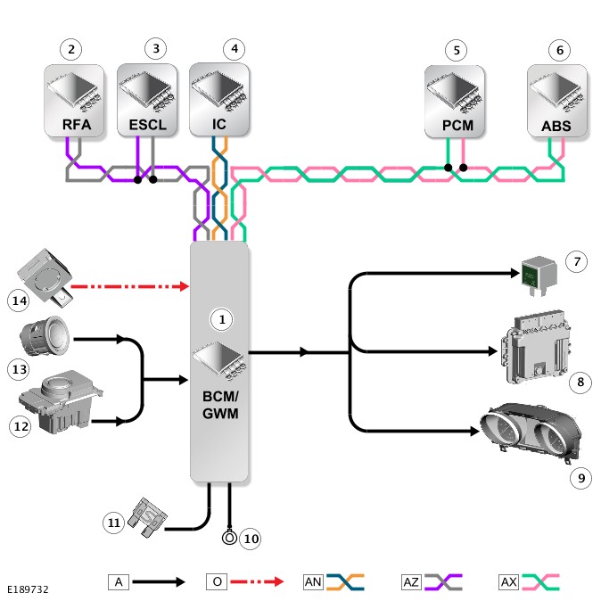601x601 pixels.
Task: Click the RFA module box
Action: [x=74, y=101]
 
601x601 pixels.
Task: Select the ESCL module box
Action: [x=147, y=100]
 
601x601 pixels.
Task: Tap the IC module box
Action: [x=219, y=99]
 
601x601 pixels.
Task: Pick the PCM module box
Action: [x=455, y=102]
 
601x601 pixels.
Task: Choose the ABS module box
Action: [x=557, y=101]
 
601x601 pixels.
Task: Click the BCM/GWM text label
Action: [x=220, y=405]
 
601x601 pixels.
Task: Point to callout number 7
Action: [x=576, y=262]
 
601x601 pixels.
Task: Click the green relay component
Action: [x=539, y=275]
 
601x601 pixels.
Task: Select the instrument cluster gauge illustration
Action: [x=531, y=431]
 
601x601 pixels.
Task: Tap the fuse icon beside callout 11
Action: [x=147, y=517]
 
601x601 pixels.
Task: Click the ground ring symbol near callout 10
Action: [x=229, y=538]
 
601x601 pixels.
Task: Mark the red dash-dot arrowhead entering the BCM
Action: [x=185, y=286]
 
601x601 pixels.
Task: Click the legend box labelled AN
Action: [x=313, y=582]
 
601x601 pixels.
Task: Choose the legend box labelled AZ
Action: [x=411, y=582]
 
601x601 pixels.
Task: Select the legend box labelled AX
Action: [x=508, y=582]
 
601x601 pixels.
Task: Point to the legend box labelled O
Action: [x=217, y=582]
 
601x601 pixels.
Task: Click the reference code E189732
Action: [x=28, y=589]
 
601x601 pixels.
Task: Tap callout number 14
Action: [x=19, y=300]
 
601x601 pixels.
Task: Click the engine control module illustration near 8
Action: [x=535, y=347]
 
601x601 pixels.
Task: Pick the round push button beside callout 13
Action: [x=45, y=336]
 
